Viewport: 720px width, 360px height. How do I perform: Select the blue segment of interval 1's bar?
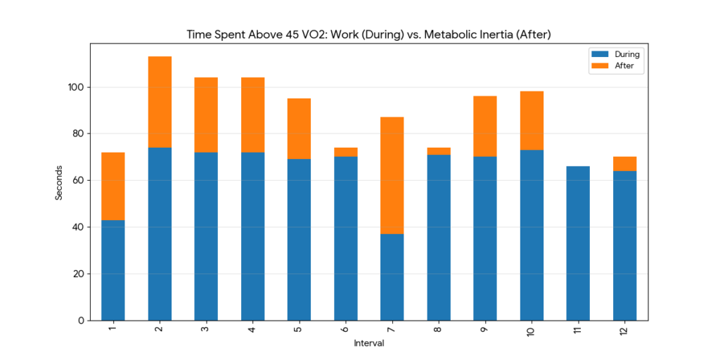coord(113,270)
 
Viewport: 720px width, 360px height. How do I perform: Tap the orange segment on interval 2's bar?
coord(160,102)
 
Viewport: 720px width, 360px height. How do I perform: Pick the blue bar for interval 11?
coord(578,243)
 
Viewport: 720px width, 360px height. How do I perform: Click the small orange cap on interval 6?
coord(346,152)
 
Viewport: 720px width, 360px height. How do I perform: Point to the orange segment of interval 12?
coord(624,164)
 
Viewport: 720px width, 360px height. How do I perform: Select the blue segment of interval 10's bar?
coord(532,235)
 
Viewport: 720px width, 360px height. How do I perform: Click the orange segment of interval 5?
coord(300,129)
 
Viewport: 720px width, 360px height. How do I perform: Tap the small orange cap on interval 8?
coord(439,151)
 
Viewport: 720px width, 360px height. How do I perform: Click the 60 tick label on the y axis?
coord(78,181)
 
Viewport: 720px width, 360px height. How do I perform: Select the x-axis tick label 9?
coord(485,330)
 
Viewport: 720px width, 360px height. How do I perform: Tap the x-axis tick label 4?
coord(252,330)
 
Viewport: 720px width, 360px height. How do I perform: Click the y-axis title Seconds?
coord(59,183)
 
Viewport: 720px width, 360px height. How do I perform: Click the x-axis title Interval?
coord(368,344)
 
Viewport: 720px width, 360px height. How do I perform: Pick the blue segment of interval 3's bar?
coord(206,236)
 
